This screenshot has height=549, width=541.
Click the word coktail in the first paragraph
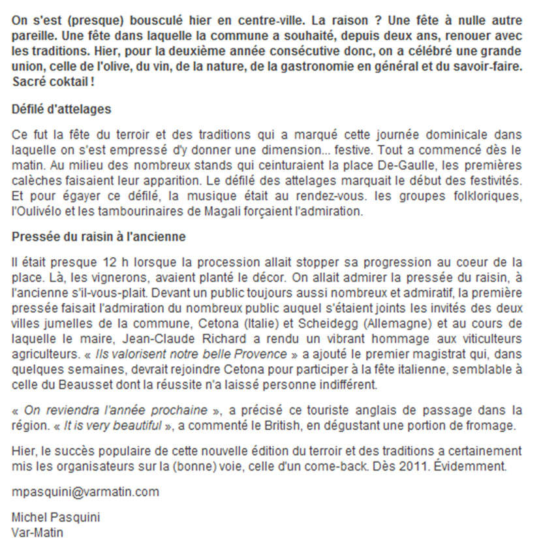(56, 83)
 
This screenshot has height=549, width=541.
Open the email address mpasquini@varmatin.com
(85, 490)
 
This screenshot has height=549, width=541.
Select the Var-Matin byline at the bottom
(38, 531)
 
